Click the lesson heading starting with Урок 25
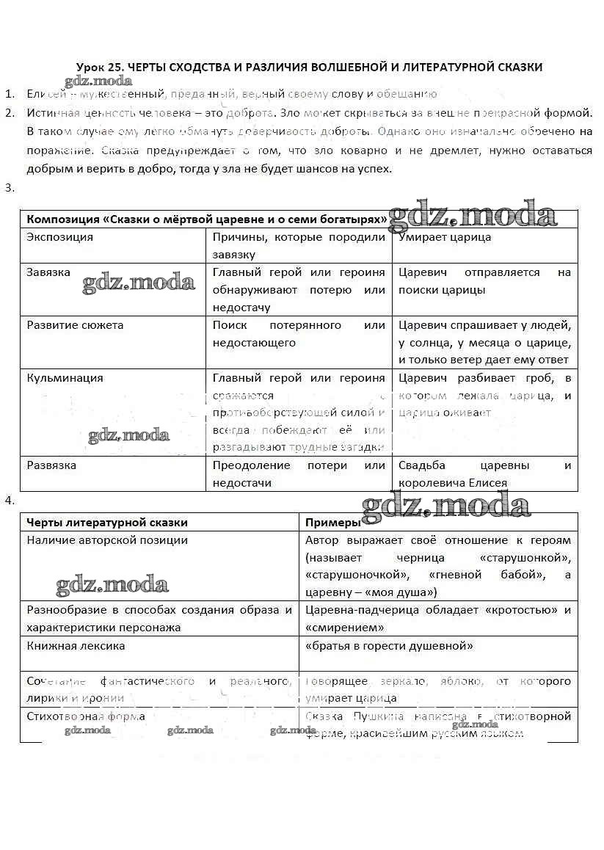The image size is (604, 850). [x=309, y=68]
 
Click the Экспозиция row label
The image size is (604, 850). [x=60, y=237]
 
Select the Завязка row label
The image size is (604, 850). [x=48, y=272]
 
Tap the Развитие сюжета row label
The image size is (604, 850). [x=75, y=325]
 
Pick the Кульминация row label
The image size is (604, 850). [x=65, y=378]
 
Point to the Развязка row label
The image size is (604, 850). [x=51, y=465]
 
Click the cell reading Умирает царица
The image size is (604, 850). [x=445, y=237]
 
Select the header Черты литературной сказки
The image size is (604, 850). [x=107, y=523]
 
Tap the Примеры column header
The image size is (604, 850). [x=332, y=523]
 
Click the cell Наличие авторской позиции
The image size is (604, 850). [x=107, y=540]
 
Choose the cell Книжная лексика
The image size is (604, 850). [x=76, y=646]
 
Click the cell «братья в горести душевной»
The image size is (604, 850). [x=389, y=646]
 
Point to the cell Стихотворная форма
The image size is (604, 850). [x=86, y=716]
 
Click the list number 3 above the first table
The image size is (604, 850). [x=9, y=188]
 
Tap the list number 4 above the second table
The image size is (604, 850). [x=9, y=501]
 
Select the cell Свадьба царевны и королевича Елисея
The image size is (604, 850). [x=484, y=474]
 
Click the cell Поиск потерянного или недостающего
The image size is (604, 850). [x=299, y=334]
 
